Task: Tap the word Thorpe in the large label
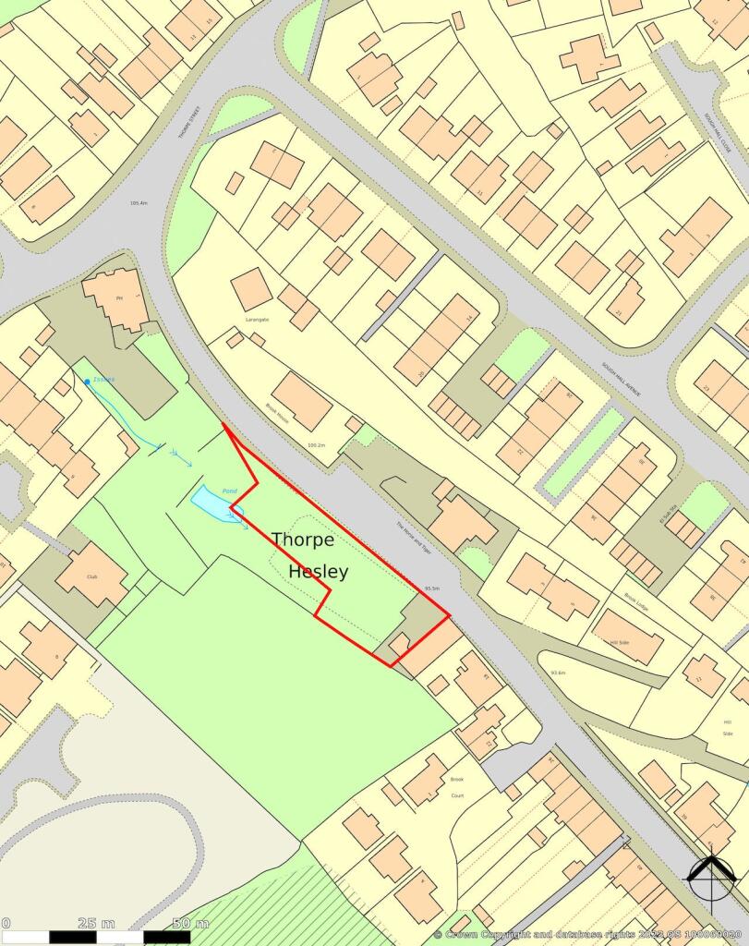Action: [303, 540]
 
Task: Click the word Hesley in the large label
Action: [318, 572]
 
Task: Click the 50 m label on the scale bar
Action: [190, 923]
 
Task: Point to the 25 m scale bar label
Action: [97, 923]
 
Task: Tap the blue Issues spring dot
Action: [87, 382]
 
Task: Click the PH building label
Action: [118, 298]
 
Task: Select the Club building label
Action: [91, 576]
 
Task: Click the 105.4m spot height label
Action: [139, 203]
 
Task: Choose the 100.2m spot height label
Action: [317, 445]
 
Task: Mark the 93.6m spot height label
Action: [558, 672]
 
